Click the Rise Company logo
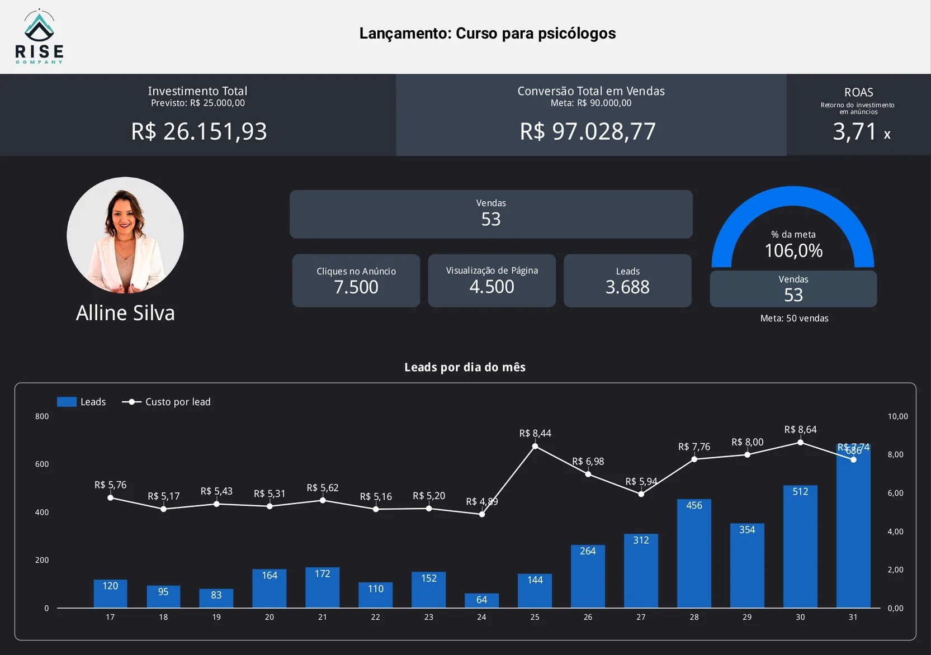39,37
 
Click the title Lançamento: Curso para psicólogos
487,34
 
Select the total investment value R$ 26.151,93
199,132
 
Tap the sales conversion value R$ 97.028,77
588,132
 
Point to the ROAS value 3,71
854,132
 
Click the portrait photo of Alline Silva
125,235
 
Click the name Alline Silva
125,313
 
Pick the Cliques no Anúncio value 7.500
356,287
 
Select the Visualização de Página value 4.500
492,287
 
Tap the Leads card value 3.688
627,287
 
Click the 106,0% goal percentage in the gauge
793,251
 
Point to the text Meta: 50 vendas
794,319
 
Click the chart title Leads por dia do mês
465,367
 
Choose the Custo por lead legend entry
167,402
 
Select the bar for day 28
694,553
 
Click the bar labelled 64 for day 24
481,601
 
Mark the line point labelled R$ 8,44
535,446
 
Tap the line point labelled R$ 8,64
800,442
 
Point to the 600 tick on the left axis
42,464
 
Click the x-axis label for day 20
270,617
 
